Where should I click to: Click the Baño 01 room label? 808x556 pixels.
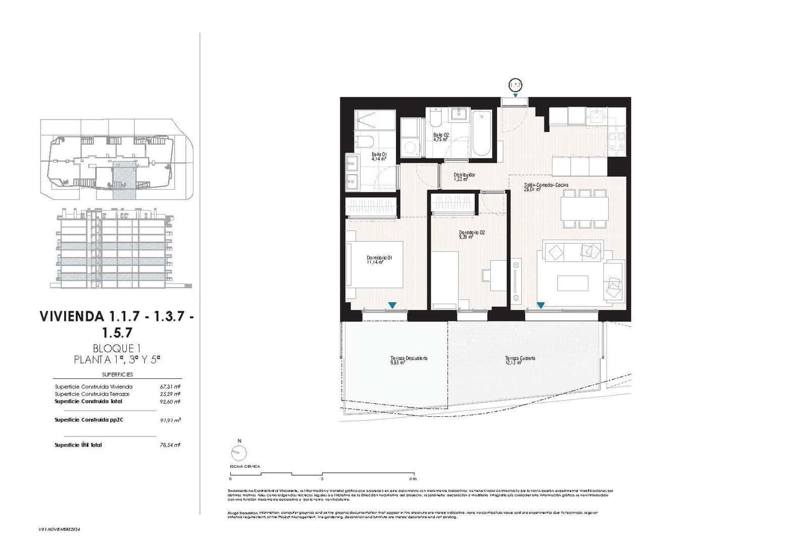379,156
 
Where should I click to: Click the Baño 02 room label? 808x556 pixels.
441,137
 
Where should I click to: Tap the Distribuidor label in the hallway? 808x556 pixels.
464,177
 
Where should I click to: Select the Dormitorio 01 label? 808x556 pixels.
380,259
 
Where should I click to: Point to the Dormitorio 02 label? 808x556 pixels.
472,234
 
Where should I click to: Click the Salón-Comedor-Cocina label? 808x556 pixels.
545,187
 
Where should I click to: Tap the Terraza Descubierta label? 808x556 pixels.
409,360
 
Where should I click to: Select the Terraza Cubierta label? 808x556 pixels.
520,360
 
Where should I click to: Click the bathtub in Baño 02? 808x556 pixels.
481,134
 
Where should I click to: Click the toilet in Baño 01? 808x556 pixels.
364,142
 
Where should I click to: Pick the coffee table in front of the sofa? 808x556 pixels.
572,283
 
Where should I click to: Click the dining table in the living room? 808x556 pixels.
585,208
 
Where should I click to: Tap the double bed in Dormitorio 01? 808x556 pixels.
376,264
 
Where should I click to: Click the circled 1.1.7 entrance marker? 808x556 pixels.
515,85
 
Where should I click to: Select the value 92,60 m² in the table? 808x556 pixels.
170,402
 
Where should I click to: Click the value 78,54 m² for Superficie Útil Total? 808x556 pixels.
170,445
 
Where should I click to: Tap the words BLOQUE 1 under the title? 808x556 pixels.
116,348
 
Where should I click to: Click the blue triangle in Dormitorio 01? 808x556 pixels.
392,305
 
